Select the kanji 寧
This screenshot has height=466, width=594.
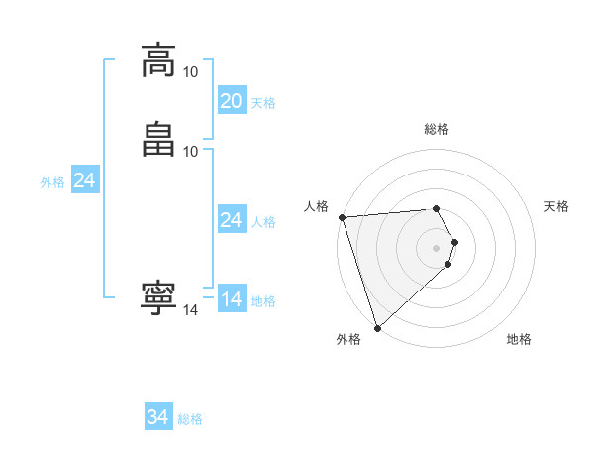(x=158, y=298)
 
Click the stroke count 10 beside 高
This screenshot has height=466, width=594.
(x=190, y=72)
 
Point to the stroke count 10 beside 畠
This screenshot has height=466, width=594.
(x=190, y=151)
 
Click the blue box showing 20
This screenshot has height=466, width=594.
(x=232, y=101)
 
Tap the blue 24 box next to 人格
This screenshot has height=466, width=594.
(x=232, y=220)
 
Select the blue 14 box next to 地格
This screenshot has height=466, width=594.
(x=232, y=299)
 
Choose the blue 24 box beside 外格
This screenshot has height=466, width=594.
(x=85, y=180)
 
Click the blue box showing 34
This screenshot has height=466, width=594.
(x=158, y=418)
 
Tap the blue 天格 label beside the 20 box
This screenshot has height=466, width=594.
(x=263, y=103)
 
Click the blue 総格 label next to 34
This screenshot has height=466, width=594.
(x=190, y=420)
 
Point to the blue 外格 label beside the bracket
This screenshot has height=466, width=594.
(x=52, y=182)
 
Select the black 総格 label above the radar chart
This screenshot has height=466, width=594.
(x=437, y=129)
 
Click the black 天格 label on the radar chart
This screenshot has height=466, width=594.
(x=557, y=206)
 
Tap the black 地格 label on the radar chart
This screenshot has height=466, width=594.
(x=519, y=339)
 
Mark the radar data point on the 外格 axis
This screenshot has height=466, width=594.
(x=376, y=327)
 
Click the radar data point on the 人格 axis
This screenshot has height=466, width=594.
(x=342, y=217)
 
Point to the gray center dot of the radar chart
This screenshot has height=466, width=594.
(x=437, y=247)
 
